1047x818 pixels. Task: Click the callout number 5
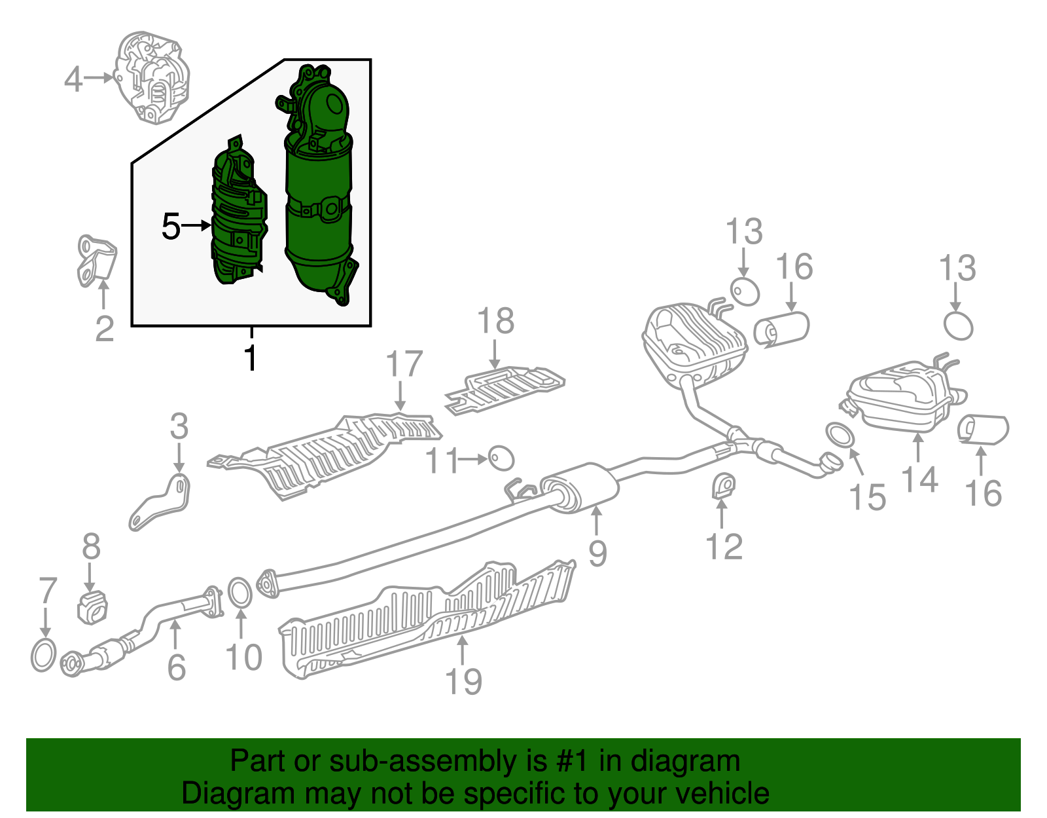171,227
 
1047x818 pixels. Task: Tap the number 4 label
73,79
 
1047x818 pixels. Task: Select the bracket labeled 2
96,261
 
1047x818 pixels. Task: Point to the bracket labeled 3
160,502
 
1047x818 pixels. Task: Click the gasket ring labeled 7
44,655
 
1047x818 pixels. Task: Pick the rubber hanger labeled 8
92,606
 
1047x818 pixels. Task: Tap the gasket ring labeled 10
240,592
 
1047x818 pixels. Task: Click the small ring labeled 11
501,458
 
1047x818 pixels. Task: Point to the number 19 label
463,681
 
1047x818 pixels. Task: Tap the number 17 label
404,364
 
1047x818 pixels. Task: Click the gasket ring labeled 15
840,435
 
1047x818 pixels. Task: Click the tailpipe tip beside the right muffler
983,430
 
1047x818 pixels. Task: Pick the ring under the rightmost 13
958,325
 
